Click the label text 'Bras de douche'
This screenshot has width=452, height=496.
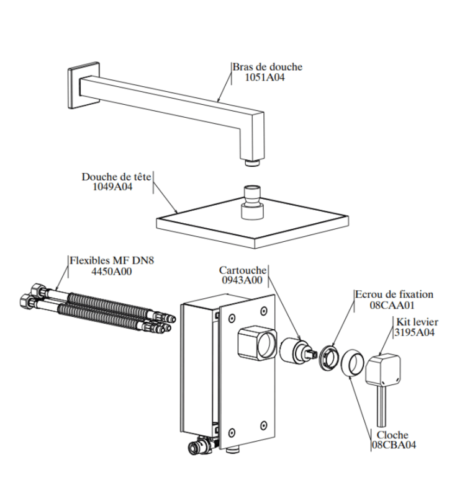[x=267, y=67]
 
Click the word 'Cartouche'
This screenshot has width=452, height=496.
[x=243, y=270]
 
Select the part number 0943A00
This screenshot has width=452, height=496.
[x=242, y=281]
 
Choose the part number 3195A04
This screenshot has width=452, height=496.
[x=414, y=332]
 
